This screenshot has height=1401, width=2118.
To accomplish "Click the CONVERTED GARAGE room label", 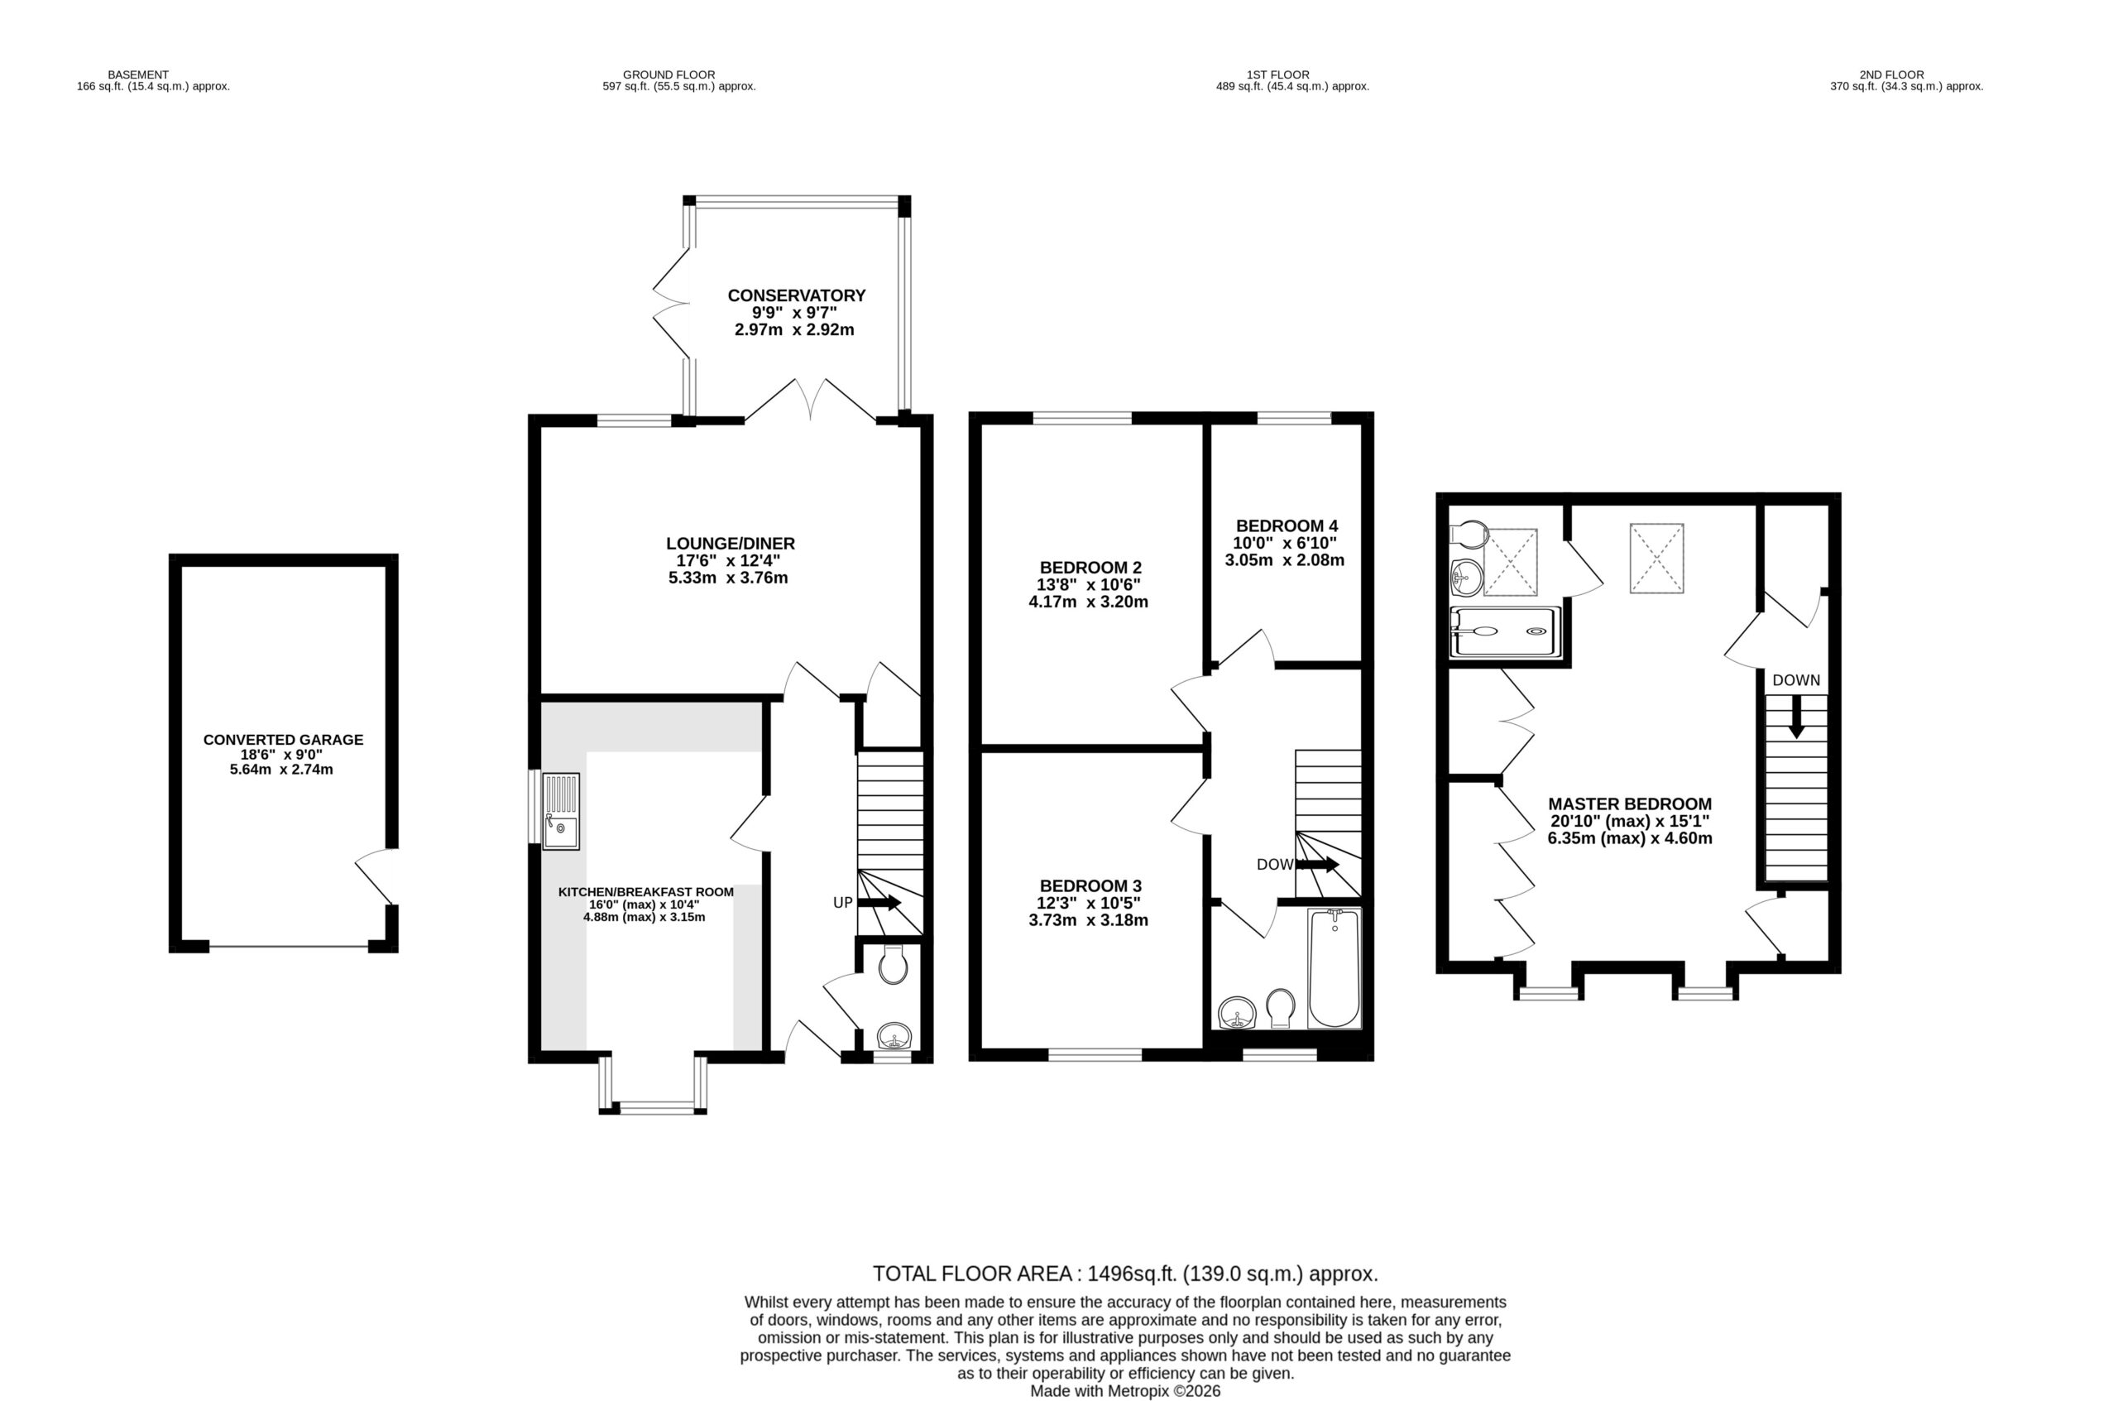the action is click(283, 740).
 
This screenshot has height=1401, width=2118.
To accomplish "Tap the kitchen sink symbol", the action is click(561, 810).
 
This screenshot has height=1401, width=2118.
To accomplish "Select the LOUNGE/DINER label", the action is click(730, 543).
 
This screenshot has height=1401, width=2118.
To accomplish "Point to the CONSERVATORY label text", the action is click(796, 295).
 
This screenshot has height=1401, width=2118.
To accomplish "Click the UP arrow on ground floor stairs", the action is click(879, 903).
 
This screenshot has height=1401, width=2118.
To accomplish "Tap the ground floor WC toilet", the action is click(893, 965).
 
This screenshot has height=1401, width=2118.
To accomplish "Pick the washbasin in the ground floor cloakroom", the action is click(894, 1036).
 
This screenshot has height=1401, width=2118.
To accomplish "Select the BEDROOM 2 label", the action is click(1090, 568).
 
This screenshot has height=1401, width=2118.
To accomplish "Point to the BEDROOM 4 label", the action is click(1287, 526).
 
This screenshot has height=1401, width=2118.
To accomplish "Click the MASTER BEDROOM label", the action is click(1629, 804).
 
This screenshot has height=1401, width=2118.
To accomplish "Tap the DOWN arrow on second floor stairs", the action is click(1795, 717).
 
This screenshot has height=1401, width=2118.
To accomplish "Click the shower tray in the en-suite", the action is click(1505, 631).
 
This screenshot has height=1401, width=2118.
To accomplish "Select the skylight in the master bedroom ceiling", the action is click(1656, 559).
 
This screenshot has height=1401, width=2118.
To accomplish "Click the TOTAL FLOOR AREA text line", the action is click(1125, 1274).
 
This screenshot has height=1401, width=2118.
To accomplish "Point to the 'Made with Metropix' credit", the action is click(1125, 1391).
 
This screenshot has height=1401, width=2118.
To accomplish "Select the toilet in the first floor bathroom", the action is click(1281, 1008).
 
